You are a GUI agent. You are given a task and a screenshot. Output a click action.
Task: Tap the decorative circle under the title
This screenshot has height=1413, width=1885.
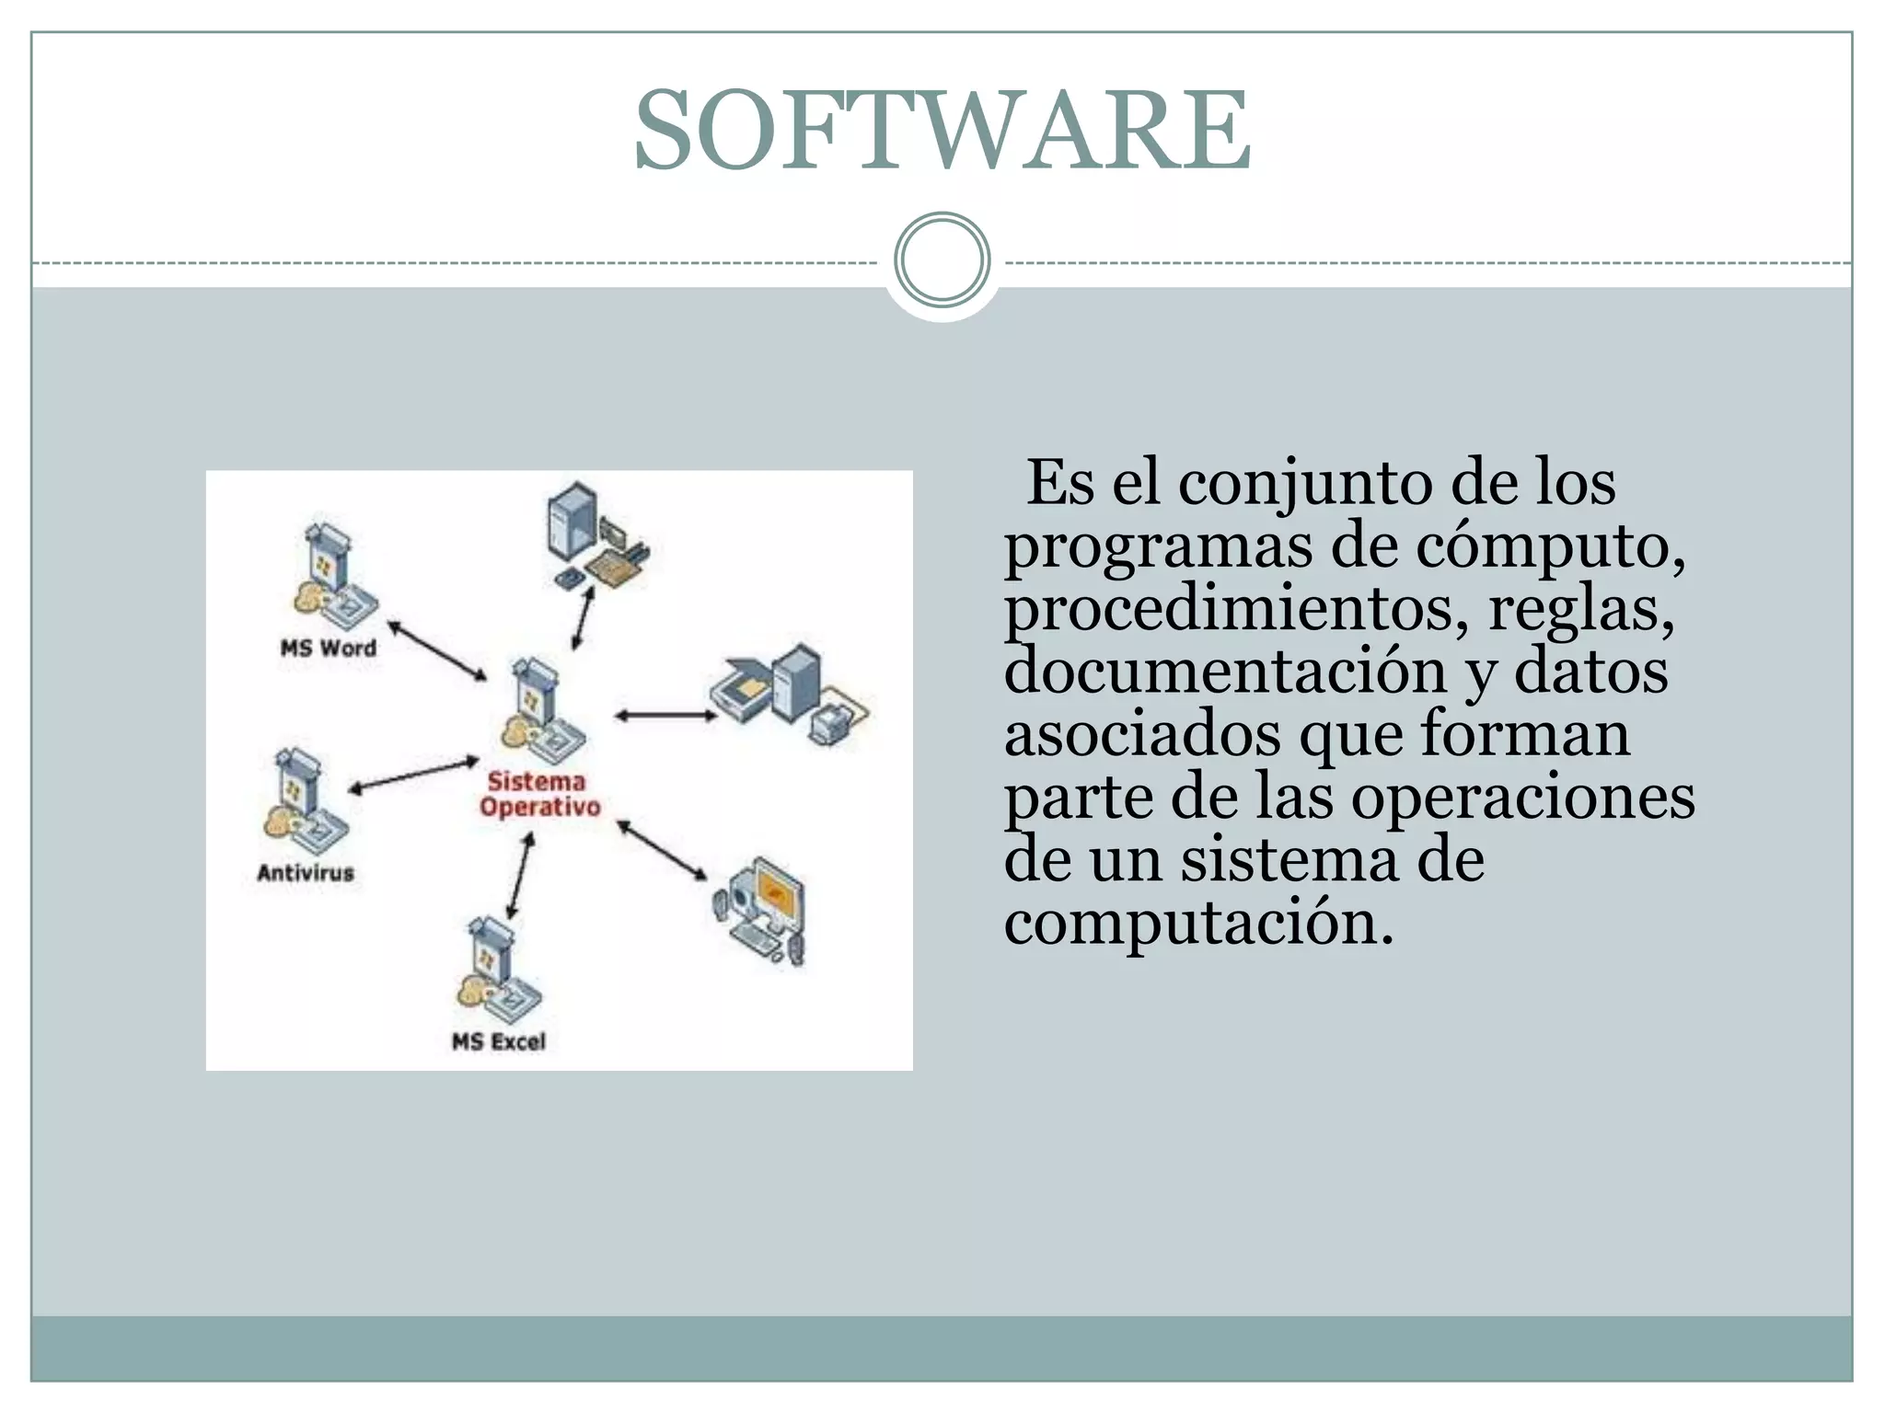(x=942, y=260)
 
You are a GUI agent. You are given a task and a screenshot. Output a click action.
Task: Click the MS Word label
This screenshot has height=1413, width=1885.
(x=329, y=648)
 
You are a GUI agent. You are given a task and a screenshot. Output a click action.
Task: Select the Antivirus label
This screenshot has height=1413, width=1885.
(x=306, y=872)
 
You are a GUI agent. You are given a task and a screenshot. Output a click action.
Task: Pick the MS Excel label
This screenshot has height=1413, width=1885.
(x=499, y=1041)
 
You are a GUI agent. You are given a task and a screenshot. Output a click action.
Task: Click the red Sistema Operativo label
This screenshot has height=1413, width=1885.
(x=538, y=794)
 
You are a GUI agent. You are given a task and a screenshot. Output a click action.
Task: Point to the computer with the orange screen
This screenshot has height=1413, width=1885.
(x=762, y=911)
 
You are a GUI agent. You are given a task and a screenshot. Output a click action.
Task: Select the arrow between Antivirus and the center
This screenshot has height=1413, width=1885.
(x=414, y=775)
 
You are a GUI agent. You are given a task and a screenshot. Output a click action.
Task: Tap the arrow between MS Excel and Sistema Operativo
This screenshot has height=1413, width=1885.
(x=520, y=877)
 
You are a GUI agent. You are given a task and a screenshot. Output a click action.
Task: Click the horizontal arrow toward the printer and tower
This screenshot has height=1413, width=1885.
(x=665, y=715)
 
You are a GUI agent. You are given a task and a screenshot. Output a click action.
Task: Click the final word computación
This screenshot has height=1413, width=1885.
(x=1198, y=922)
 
